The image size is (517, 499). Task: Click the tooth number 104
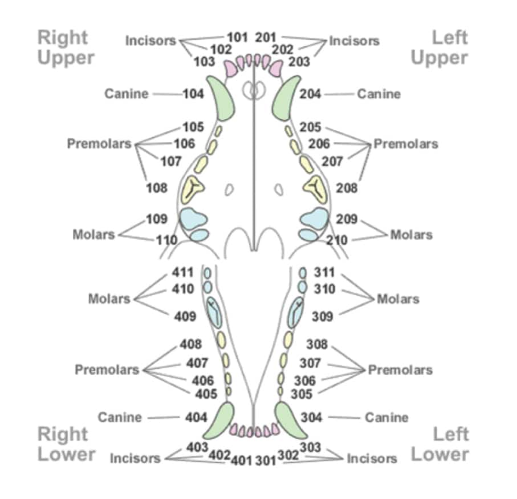[193, 93]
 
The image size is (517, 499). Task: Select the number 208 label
[346, 188]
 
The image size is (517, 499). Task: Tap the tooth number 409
[186, 315]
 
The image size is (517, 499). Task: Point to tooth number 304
[313, 417]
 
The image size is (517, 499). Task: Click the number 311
[324, 272]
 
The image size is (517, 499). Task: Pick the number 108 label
[156, 188]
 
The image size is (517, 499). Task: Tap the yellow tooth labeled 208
[316, 189]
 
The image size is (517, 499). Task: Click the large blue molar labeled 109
[193, 219]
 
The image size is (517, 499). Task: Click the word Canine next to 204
[379, 94]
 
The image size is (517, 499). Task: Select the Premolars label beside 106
[100, 143]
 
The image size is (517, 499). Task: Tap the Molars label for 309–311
[398, 299]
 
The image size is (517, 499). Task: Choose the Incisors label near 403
[135, 458]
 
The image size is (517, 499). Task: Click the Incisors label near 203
[354, 41]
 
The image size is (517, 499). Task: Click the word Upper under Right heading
[65, 58]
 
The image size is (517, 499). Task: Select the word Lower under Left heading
[440, 454]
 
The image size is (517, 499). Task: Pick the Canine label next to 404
[119, 417]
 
